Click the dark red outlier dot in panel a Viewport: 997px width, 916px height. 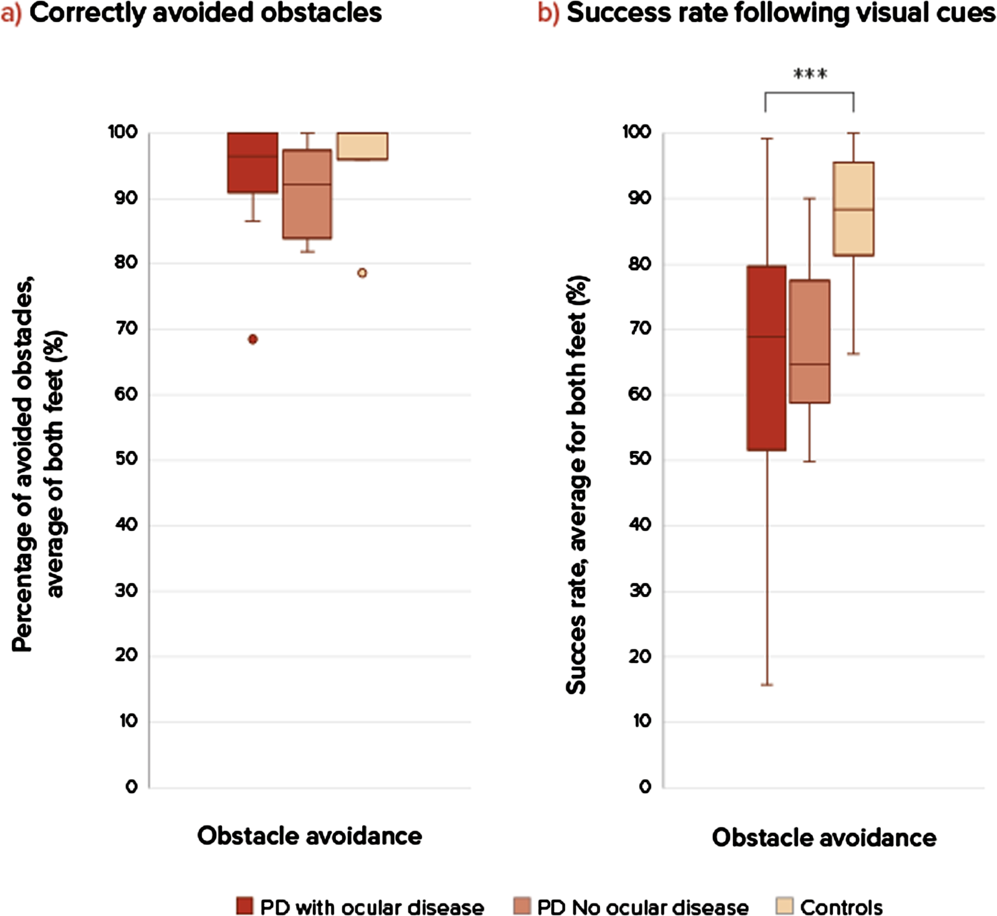click(253, 339)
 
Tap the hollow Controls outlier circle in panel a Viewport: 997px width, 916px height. click(362, 273)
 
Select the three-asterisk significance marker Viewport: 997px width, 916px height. click(810, 74)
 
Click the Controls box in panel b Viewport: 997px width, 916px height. click(854, 209)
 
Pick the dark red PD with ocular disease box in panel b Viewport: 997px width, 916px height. click(767, 358)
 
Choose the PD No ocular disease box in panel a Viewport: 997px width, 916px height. click(308, 194)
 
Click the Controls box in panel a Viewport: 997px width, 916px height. click(362, 146)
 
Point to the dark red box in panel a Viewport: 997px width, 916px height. click(253, 163)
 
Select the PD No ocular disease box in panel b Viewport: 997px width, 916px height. click(810, 341)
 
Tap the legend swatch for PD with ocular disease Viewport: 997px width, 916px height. click(245, 905)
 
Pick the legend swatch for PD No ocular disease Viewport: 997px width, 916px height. click(522, 905)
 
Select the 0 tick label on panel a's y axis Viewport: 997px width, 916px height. click(132, 787)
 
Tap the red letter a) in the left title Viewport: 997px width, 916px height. click(11, 13)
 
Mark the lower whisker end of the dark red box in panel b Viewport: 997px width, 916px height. click(767, 684)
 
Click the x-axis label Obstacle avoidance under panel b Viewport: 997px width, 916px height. click(824, 838)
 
